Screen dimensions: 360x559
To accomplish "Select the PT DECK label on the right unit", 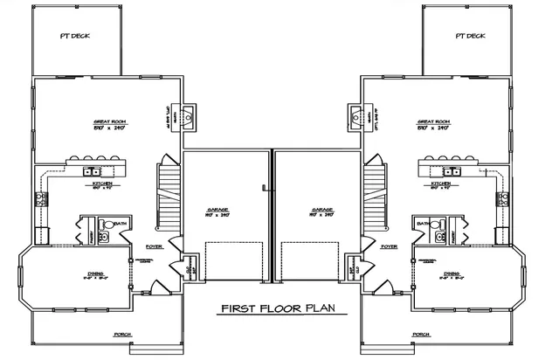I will point(469,36).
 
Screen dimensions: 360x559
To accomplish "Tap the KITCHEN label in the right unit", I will point(440,185).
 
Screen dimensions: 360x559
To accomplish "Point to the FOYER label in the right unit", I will point(390,247).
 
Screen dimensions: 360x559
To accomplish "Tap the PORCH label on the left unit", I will point(122,334).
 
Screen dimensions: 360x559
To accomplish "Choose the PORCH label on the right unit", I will point(421,334).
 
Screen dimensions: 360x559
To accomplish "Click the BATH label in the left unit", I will point(121,224).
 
